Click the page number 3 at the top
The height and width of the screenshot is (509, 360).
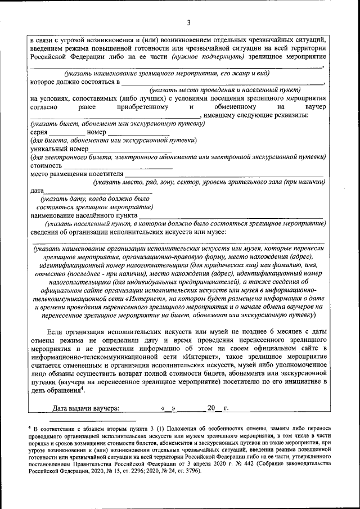[x=189, y=22]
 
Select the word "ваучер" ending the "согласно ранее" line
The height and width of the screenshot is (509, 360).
[x=313, y=106]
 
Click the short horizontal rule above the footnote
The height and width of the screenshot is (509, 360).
[x=92, y=420]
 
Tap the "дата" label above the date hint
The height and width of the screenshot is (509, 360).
[x=37, y=191]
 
